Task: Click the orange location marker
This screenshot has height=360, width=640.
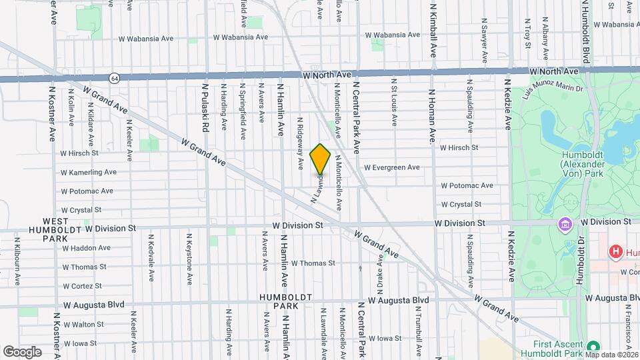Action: click(x=321, y=159)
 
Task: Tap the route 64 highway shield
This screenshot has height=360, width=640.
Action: click(x=115, y=77)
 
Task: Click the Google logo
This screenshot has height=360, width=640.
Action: click(x=22, y=351)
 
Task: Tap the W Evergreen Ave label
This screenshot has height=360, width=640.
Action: click(x=391, y=167)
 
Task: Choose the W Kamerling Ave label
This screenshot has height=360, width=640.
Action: click(x=88, y=172)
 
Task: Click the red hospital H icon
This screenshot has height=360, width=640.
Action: click(x=615, y=252)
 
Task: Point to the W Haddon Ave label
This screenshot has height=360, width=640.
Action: click(x=86, y=248)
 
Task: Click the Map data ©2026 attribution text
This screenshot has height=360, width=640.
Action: click(x=611, y=355)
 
